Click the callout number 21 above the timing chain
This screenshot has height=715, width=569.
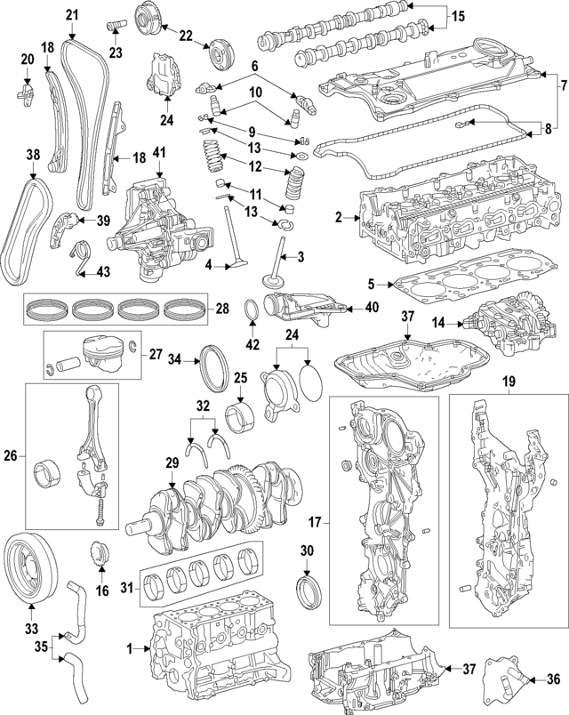tap(72, 13)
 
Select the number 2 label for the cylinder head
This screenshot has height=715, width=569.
tap(339, 217)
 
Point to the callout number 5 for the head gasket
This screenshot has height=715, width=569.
tap(373, 285)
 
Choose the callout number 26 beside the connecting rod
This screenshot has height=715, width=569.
tap(11, 457)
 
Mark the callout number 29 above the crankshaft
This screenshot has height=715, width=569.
tap(172, 462)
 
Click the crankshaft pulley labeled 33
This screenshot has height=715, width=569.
tap(29, 566)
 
